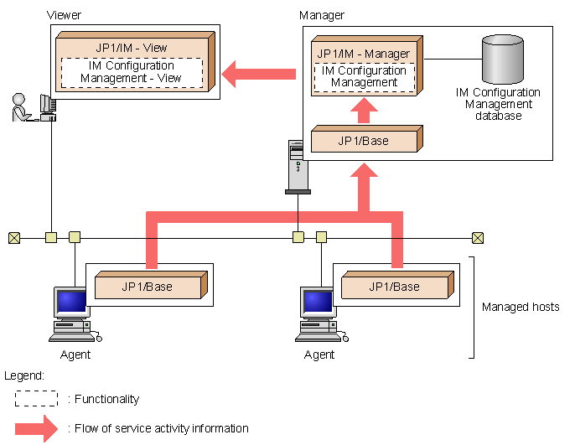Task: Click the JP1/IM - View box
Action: (132, 47)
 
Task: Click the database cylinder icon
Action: (503, 59)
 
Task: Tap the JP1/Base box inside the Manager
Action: (363, 141)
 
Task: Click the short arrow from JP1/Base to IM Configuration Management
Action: (363, 110)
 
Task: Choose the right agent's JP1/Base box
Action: (393, 287)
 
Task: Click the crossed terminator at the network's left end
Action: (13, 237)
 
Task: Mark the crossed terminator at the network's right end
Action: (477, 237)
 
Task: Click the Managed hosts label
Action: (521, 308)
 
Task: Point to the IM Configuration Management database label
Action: (498, 104)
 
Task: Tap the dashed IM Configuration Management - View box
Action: (132, 72)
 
